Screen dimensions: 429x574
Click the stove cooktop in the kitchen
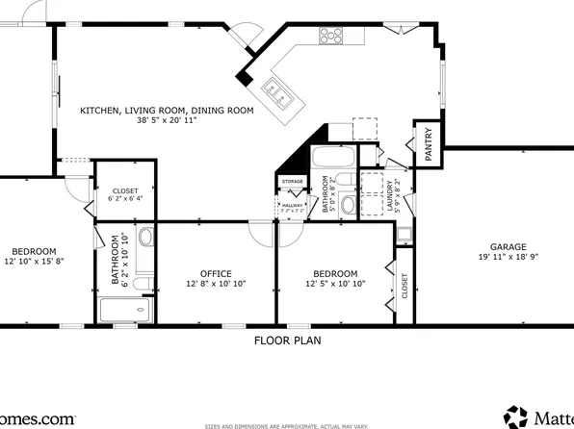pos(330,36)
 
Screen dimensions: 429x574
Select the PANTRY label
pos(429,143)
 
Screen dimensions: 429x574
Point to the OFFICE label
pos(216,273)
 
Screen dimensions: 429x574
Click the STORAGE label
pos(293,181)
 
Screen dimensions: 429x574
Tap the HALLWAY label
pos(293,205)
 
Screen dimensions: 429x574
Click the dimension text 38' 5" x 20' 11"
pos(167,122)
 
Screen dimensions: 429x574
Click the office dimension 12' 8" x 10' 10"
pos(216,285)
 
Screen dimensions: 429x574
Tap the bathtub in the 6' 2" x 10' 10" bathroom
pos(124,311)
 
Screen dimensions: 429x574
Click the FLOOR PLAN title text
pos(287,341)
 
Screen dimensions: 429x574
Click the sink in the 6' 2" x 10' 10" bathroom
pos(145,238)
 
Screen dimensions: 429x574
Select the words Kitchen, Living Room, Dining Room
pos(167,111)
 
